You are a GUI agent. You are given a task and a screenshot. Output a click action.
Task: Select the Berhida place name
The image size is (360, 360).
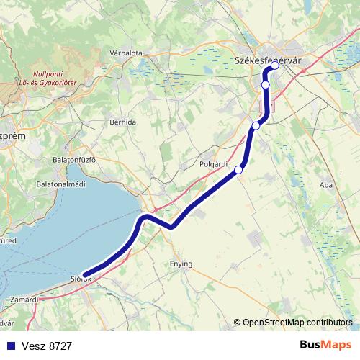click(122, 122)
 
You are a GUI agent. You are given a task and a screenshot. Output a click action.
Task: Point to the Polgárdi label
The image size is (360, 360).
click(213, 163)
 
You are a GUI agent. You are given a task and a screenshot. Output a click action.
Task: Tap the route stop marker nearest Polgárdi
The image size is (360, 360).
click(239, 170)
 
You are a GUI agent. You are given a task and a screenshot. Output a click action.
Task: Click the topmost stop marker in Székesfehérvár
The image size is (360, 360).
click(274, 66)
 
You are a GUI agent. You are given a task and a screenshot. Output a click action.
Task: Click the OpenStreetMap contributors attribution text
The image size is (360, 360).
click(297, 322)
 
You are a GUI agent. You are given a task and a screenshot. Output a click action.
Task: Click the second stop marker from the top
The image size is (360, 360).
click(266, 85)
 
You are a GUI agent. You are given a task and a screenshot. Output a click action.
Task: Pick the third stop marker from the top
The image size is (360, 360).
click(256, 126)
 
